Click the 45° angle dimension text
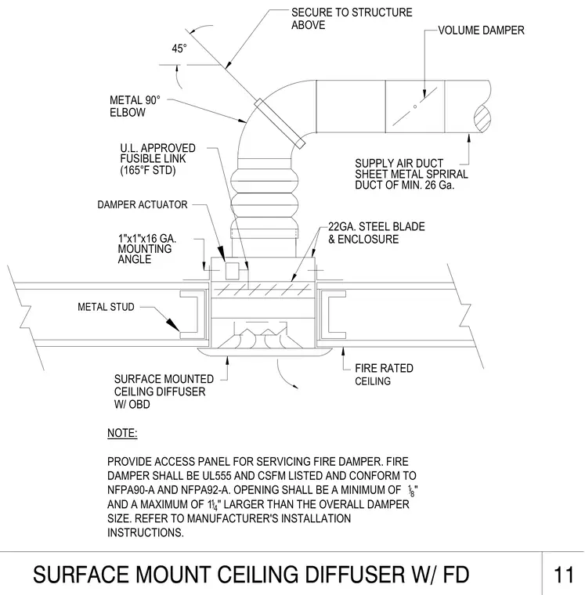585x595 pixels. pyautogui.click(x=179, y=49)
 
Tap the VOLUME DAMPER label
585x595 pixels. pyautogui.click(x=481, y=31)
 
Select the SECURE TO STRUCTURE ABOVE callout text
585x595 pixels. pyautogui.click(x=352, y=19)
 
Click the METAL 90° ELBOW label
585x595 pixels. pyautogui.click(x=135, y=106)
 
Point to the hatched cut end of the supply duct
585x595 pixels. pyautogui.click(x=482, y=118)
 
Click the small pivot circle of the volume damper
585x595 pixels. pyautogui.click(x=415, y=106)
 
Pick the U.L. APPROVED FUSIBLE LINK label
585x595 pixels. pyautogui.click(x=158, y=159)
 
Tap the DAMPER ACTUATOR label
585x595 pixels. pyautogui.click(x=143, y=204)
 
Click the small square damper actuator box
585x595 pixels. pyautogui.click(x=232, y=271)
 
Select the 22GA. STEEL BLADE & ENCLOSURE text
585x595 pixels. pyautogui.click(x=376, y=233)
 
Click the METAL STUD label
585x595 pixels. pyautogui.click(x=106, y=307)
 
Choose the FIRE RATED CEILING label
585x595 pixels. pyautogui.click(x=384, y=374)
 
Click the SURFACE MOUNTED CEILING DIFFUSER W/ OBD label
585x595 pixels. pyautogui.click(x=164, y=391)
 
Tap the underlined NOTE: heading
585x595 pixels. pyautogui.click(x=122, y=434)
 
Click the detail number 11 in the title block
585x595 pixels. pyautogui.click(x=564, y=575)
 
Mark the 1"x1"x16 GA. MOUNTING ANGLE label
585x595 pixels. pyautogui.click(x=147, y=249)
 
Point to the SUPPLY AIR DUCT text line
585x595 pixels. pyautogui.click(x=399, y=163)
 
